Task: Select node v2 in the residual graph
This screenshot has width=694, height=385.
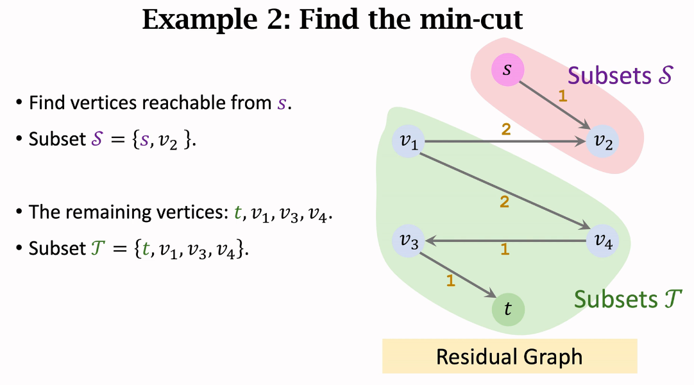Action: click(x=603, y=142)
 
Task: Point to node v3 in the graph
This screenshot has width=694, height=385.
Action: click(x=409, y=241)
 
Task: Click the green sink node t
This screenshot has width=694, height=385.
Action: click(x=508, y=309)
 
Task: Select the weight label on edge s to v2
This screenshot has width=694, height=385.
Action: click(x=563, y=97)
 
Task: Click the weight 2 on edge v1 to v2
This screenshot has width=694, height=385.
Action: click(x=505, y=130)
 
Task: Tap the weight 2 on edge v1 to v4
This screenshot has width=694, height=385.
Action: click(x=504, y=203)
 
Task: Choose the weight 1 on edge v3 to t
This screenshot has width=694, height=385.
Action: click(x=450, y=280)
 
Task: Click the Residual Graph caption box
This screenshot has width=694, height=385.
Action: click(x=509, y=356)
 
